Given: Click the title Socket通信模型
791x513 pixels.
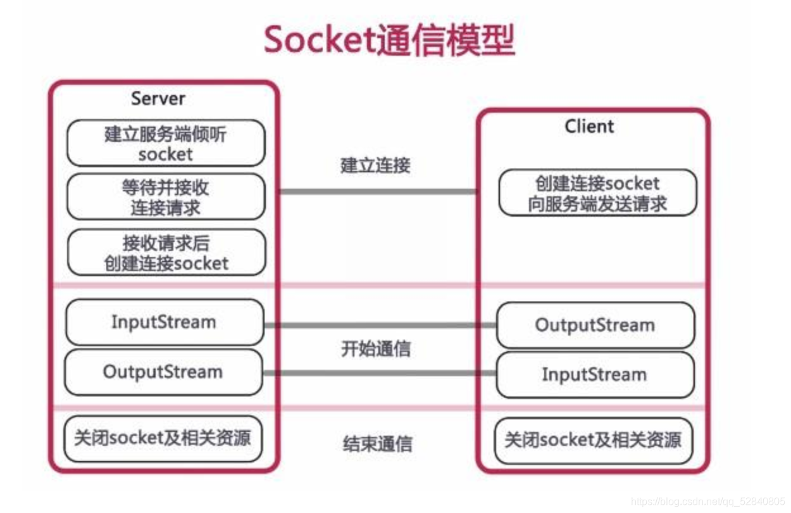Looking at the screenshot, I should [389, 40].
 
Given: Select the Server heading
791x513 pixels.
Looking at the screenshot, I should [158, 99].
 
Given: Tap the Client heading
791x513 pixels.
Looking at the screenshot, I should [589, 127].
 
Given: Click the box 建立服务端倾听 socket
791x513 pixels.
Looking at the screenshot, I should [166, 144].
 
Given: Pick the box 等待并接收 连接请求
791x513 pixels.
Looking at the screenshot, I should [166, 197].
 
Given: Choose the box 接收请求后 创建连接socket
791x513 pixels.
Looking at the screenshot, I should [166, 253].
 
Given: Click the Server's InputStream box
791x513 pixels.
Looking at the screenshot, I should [164, 322].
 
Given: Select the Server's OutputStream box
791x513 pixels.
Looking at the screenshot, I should [163, 372].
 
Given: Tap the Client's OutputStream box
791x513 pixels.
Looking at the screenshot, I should [595, 326].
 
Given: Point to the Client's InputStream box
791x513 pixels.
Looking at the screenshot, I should [595, 374].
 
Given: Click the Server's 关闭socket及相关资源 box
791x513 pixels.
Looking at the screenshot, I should [163, 438].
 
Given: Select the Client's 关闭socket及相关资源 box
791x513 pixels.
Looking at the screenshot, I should [593, 440].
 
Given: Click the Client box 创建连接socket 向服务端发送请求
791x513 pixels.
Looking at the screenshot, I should [597, 193].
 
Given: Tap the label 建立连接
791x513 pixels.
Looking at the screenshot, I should [375, 165].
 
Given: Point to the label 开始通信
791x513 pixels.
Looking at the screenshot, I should [376, 348].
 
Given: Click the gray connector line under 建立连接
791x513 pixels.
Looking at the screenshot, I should [378, 191].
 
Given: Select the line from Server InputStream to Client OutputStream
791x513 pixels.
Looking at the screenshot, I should [380, 326].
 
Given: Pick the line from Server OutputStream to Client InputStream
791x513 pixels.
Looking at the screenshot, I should [380, 373].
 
